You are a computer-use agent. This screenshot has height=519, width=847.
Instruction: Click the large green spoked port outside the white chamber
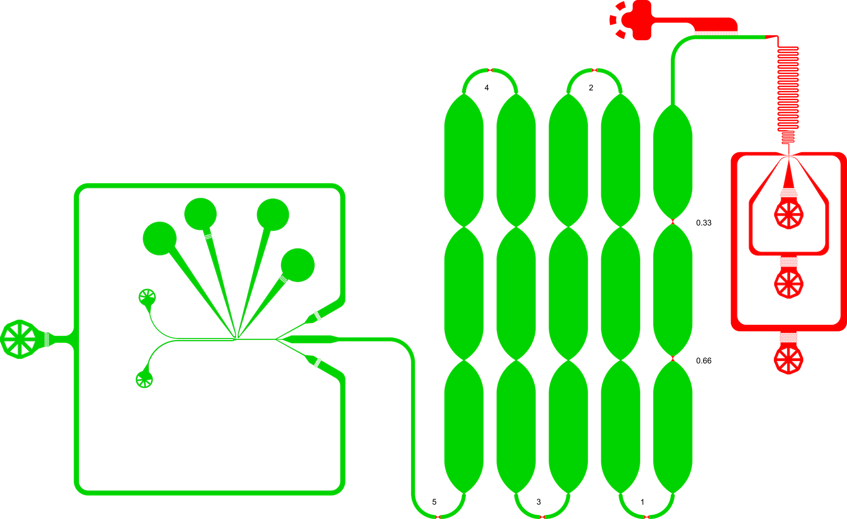(19, 339)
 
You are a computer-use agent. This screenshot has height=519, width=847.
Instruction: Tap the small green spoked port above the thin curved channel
(147, 297)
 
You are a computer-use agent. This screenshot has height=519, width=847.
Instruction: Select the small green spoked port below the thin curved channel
(144, 380)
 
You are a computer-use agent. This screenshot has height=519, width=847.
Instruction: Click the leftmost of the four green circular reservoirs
(160, 238)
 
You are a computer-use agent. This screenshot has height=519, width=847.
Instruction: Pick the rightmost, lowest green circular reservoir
(298, 265)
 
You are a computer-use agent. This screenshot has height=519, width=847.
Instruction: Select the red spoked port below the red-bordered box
(788, 360)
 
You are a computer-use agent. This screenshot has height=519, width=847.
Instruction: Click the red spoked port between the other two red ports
(789, 283)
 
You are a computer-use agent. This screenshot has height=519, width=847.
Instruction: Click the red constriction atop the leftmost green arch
(490, 71)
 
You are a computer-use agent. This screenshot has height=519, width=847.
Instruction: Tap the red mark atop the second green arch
(595, 71)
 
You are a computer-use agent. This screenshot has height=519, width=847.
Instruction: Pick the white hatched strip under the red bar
(716, 32)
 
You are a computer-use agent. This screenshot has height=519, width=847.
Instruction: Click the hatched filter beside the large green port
(47, 339)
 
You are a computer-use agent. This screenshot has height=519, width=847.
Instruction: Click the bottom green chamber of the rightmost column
(672, 426)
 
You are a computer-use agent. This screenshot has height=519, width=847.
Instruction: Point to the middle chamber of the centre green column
(568, 293)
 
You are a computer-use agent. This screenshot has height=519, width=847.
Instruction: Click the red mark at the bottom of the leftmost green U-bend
(438, 516)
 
